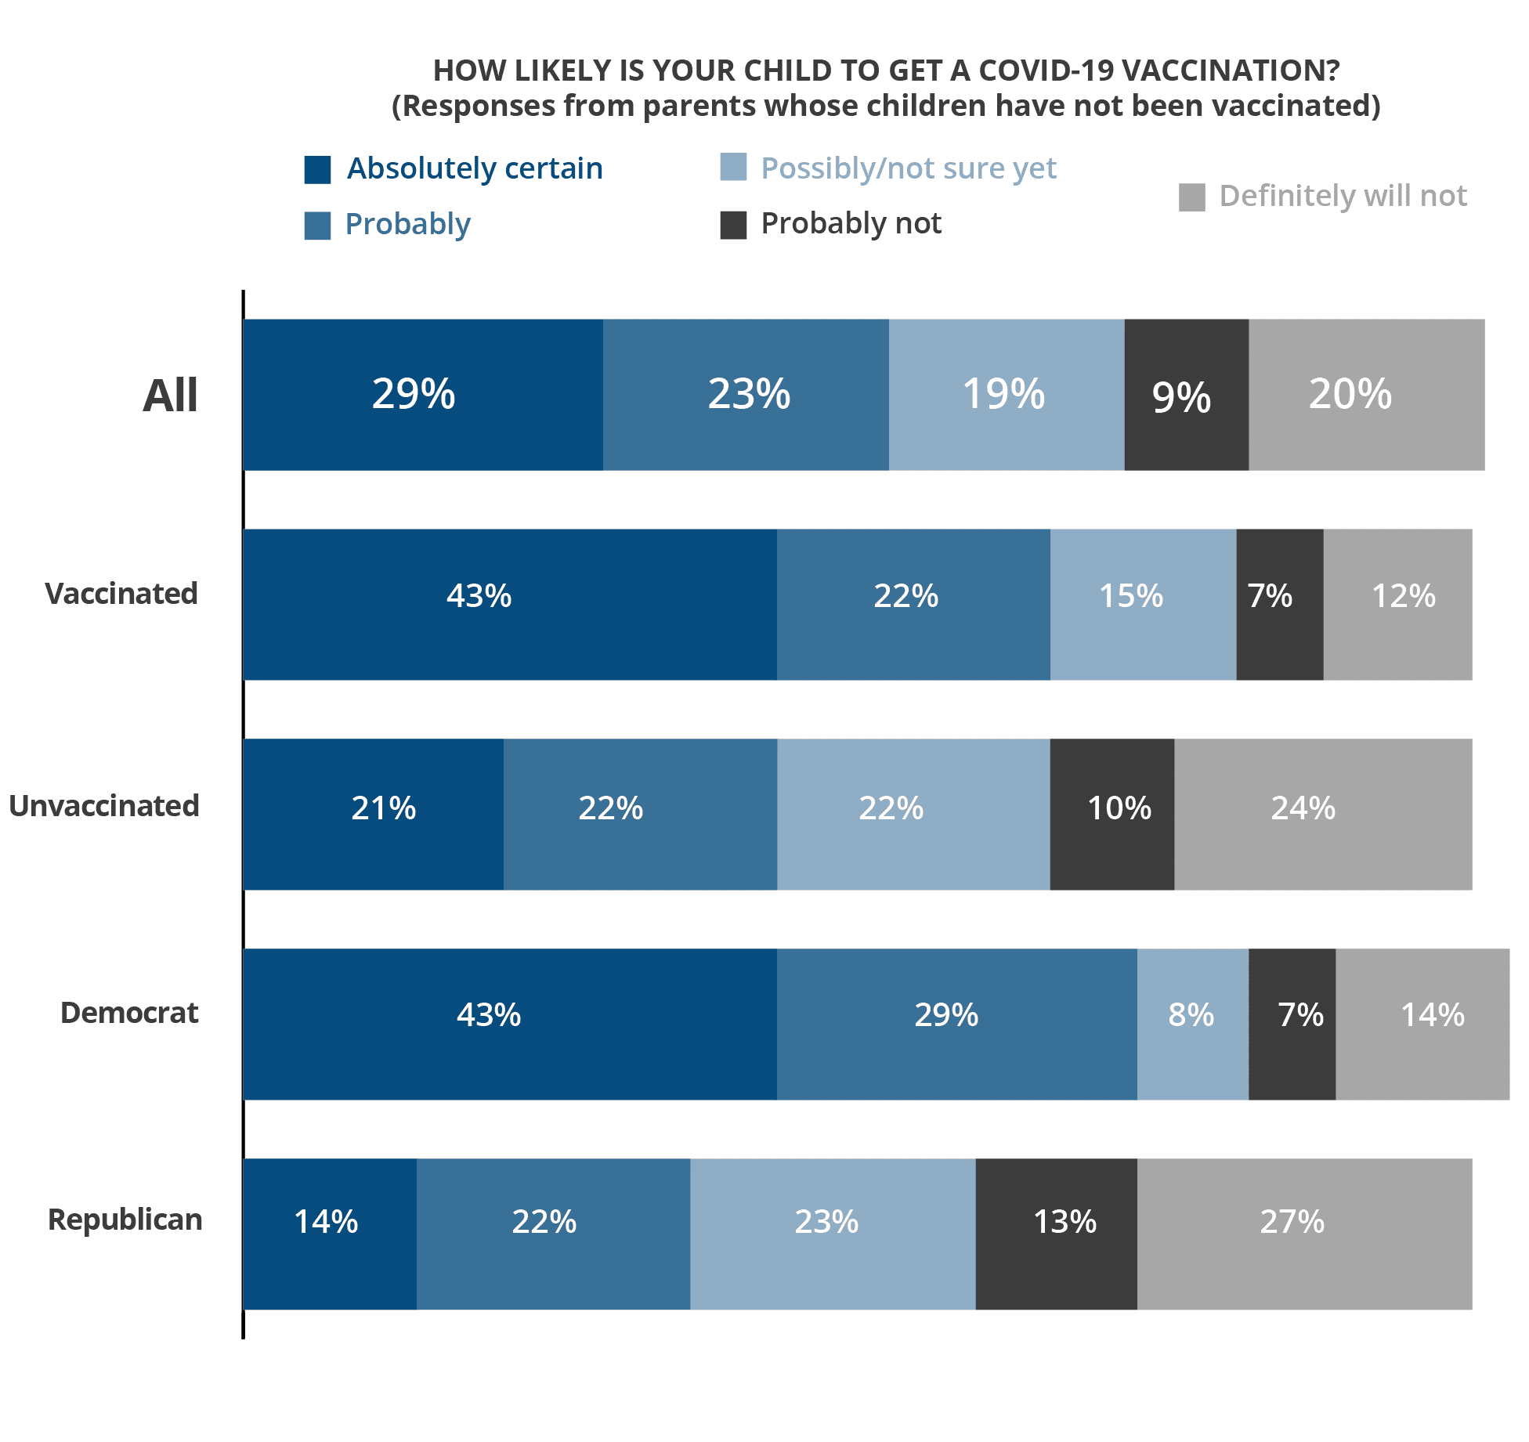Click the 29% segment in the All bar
click(423, 394)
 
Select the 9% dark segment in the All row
click(1186, 394)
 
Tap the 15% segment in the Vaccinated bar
click(1143, 604)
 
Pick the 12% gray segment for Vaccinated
click(1397, 604)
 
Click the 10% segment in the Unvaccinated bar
click(1112, 814)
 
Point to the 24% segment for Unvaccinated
click(1323, 814)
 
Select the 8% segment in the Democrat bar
click(1192, 1024)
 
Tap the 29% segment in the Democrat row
click(956, 1024)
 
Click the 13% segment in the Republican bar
click(1056, 1234)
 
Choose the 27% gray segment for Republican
click(1304, 1234)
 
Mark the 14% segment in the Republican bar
click(330, 1234)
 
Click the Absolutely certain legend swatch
click(317, 169)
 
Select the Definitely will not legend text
click(1343, 196)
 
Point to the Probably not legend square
click(733, 225)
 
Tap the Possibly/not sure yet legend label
click(909, 168)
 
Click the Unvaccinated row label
click(104, 806)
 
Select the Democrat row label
click(129, 1013)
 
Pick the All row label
click(170, 395)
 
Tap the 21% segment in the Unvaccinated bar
click(374, 814)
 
